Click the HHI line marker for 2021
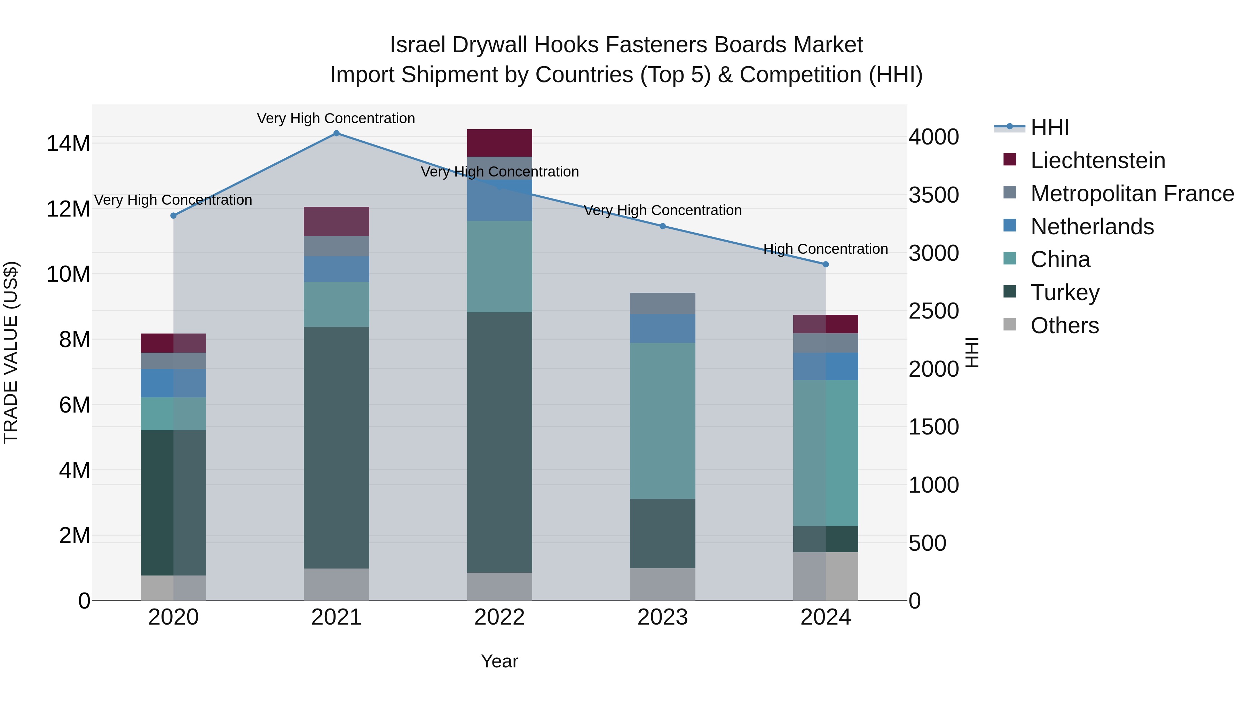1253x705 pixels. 336,133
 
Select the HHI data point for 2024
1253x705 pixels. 826,264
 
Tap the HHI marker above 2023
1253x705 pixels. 662,226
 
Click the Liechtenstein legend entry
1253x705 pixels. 1097,160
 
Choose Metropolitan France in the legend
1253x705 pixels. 1132,194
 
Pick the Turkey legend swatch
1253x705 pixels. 1010,292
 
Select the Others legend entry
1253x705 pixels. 1064,326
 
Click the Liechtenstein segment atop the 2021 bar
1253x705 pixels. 336,221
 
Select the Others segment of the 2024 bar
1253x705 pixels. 826,576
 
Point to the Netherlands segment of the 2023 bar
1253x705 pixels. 662,328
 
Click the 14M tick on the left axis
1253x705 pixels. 68,143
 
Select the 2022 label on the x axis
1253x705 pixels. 499,617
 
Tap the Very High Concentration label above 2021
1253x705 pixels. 336,118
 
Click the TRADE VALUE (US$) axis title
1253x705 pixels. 11,352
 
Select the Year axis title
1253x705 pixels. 499,661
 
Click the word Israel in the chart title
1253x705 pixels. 417,45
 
